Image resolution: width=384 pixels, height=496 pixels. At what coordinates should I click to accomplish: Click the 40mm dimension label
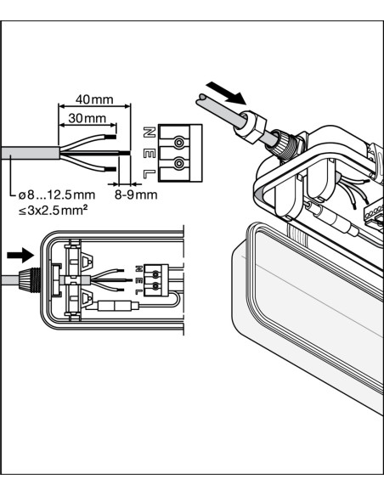click(x=94, y=99)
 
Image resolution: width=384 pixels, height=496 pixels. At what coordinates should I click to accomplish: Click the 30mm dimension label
click(x=88, y=118)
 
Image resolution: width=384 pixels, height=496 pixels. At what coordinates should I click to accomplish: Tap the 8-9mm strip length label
click(x=136, y=194)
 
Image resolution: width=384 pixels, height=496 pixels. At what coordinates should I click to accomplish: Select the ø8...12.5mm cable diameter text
click(x=57, y=194)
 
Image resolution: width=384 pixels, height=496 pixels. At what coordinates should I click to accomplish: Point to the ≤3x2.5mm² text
click(x=53, y=210)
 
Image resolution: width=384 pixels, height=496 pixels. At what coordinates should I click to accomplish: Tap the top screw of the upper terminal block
click(x=178, y=143)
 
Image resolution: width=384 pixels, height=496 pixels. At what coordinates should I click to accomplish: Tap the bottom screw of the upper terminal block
click(x=178, y=164)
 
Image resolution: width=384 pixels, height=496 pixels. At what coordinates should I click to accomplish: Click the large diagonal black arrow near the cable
click(x=226, y=93)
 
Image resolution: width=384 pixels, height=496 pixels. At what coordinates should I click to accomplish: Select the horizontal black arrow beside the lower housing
click(x=20, y=255)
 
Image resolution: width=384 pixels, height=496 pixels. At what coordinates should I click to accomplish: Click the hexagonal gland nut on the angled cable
click(x=251, y=127)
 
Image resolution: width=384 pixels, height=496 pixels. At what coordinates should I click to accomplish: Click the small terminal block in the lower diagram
click(x=156, y=280)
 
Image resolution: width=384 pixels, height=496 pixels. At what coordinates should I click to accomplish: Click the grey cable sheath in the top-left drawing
click(x=30, y=153)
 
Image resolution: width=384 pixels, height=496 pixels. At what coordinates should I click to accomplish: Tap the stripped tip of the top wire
click(x=110, y=138)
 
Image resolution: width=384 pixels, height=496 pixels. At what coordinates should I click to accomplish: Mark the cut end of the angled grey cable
click(x=201, y=99)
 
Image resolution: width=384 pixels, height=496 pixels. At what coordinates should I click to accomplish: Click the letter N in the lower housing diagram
click(x=138, y=269)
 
